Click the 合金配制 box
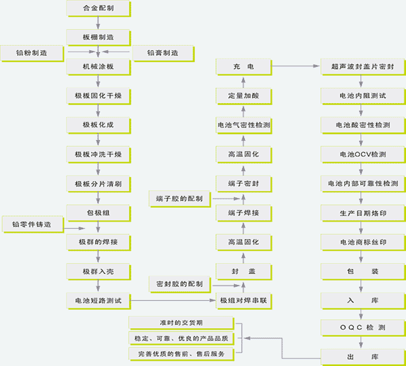point(98,9)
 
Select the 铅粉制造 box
point(32,53)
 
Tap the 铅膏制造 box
point(163,53)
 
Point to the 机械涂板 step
point(98,67)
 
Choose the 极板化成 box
point(98,125)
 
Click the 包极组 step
point(98,213)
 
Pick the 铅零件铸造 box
point(32,224)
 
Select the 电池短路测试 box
point(98,301)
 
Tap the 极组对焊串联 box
point(244,301)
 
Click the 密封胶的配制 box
point(180,284)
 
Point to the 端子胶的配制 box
point(180,199)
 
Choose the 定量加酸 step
point(244,96)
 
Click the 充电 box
point(244,67)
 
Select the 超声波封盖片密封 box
point(363,67)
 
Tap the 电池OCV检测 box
point(363,155)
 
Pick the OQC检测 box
point(363,328)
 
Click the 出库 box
point(363,357)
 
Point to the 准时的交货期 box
point(181,323)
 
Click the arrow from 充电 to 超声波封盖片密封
point(296,66)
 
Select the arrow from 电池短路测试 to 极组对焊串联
point(173,301)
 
